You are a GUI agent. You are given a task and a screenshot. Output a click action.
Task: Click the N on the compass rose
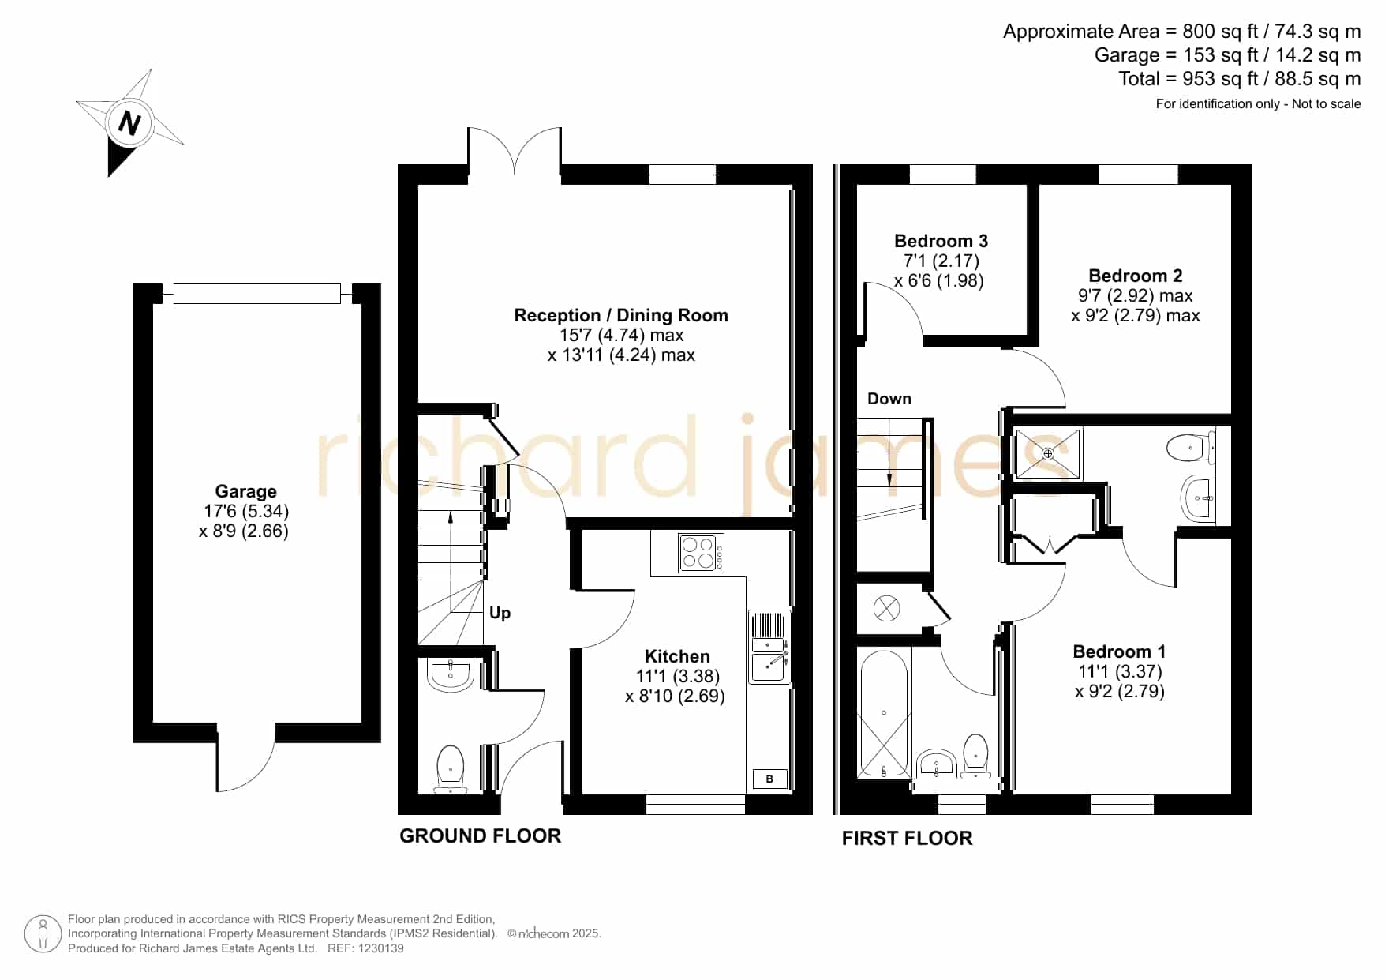[x=129, y=123]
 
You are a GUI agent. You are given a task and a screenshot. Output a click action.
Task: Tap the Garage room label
[x=245, y=491]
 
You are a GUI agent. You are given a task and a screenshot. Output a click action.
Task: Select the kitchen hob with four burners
[x=701, y=553]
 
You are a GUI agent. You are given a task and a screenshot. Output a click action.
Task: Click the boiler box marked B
[x=769, y=779]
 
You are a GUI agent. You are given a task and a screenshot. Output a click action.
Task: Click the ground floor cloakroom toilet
[x=451, y=768]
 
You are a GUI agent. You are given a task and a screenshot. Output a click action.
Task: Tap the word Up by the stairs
[x=500, y=613]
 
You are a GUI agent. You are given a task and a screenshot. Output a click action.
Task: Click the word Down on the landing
[x=889, y=399]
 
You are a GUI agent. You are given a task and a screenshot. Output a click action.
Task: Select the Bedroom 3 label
[x=941, y=241]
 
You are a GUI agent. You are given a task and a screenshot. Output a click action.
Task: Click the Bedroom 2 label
[x=1135, y=276]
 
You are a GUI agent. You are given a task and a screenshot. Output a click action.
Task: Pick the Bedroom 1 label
[x=1119, y=651]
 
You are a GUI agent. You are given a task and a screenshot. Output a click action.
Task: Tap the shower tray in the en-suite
[x=1048, y=453]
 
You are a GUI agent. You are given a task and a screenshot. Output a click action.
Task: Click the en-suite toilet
[x=1191, y=448]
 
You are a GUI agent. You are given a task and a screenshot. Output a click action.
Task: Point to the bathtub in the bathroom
[x=884, y=713]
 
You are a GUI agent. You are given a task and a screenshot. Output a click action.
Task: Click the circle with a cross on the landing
[x=886, y=608]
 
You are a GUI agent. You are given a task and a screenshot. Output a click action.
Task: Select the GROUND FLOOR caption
[x=480, y=835]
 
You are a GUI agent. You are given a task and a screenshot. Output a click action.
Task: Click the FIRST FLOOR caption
[x=907, y=838]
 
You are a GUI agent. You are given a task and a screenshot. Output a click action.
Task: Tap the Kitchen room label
[x=677, y=656]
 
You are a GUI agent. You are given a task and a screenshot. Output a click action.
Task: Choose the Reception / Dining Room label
[x=621, y=315]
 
